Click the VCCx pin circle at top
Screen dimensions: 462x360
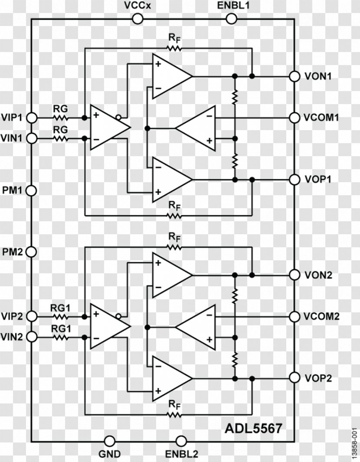tap(137, 18)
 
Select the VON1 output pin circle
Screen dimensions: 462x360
tap(295, 76)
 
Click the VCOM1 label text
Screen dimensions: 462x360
tap(322, 118)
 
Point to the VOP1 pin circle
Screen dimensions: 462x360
tap(295, 179)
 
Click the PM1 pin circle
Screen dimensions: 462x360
tap(32, 190)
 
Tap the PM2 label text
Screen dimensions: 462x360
tap(13, 252)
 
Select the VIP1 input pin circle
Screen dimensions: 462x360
tap(32, 118)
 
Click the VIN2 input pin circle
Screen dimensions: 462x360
tap(32, 337)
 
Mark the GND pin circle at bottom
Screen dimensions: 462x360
tap(110, 441)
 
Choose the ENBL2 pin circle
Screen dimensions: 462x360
tap(181, 441)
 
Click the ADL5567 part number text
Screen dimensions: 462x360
tap(253, 428)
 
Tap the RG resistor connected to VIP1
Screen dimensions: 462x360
tap(61, 118)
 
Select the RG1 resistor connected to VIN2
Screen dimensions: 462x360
tap(61, 337)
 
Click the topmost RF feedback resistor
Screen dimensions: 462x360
tap(174, 49)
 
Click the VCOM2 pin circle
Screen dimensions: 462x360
tap(295, 316)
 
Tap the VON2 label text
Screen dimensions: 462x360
tap(318, 275)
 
